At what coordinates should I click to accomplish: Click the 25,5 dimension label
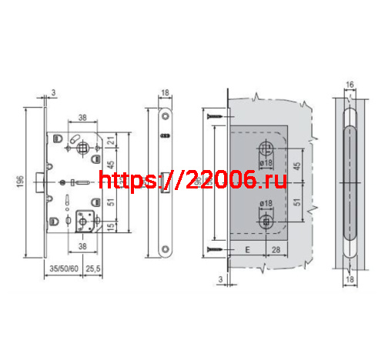coord(94,269)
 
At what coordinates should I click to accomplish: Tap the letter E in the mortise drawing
coord(248,250)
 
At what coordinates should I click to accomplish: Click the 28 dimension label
coord(275,250)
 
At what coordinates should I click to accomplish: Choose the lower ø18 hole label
coord(267,204)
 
